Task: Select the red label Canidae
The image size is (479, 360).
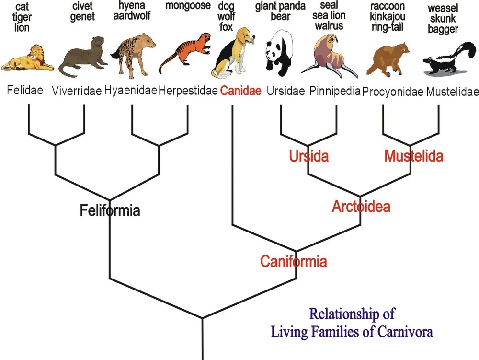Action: pos(241,91)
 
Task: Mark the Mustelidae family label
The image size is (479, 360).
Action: pos(452,91)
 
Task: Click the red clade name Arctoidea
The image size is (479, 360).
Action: pos(361,207)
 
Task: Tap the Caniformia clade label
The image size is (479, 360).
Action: pos(294,261)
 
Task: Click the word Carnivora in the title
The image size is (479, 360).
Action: pos(405,332)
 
